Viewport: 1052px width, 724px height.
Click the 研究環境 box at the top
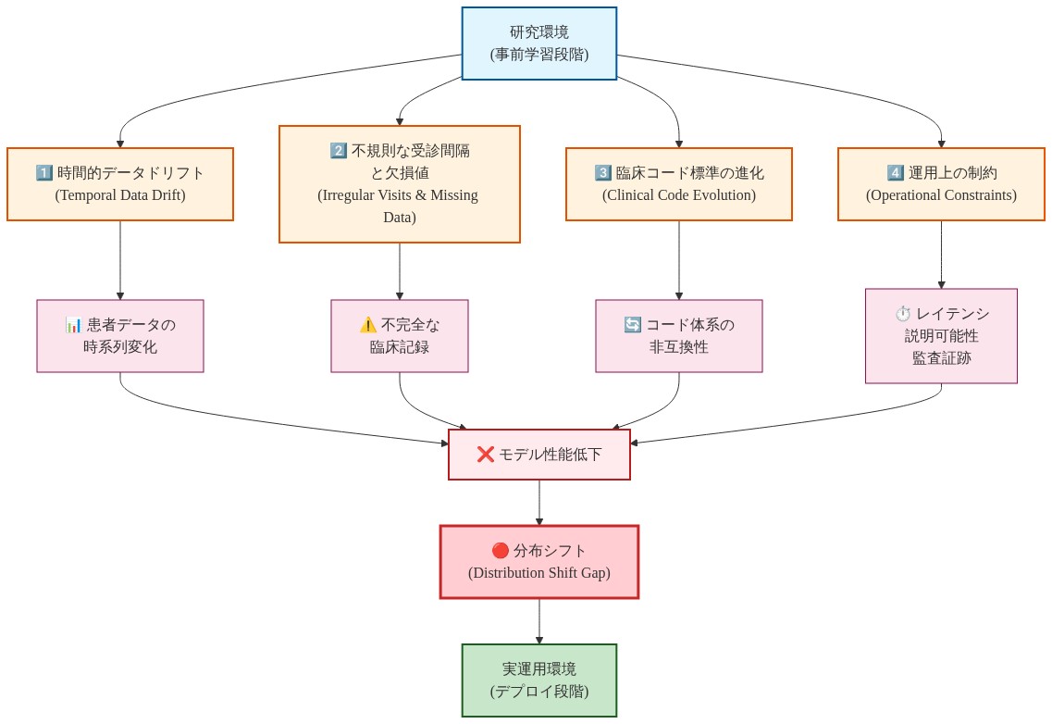click(x=538, y=44)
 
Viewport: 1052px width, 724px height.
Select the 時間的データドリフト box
click(x=120, y=183)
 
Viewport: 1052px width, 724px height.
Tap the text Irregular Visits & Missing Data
click(x=399, y=206)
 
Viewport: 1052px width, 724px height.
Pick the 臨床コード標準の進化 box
click(x=678, y=183)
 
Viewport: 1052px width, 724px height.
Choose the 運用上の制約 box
click(x=941, y=183)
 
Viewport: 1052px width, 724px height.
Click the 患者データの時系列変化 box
click(x=120, y=336)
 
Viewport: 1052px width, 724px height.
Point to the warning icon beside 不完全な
click(x=368, y=325)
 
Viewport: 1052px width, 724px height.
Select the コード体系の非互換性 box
click(x=678, y=336)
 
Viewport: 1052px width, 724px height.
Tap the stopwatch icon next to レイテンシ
click(x=903, y=314)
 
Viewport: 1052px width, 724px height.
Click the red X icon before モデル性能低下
click(x=485, y=455)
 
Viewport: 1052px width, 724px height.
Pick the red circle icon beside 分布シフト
click(x=501, y=550)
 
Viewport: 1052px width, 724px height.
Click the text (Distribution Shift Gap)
click(x=538, y=573)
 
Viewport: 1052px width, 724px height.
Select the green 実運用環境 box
click(x=538, y=680)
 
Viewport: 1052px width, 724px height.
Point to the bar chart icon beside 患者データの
click(x=74, y=325)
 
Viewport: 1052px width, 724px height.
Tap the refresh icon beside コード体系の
click(x=633, y=325)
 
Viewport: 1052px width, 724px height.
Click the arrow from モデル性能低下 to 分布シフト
click(x=539, y=503)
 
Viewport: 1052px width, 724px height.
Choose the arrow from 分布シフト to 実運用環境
click(x=539, y=621)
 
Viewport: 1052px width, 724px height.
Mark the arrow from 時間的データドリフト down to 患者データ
click(x=120, y=260)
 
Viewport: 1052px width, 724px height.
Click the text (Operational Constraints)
click(x=941, y=195)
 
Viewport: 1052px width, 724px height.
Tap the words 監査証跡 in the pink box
click(x=941, y=358)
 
